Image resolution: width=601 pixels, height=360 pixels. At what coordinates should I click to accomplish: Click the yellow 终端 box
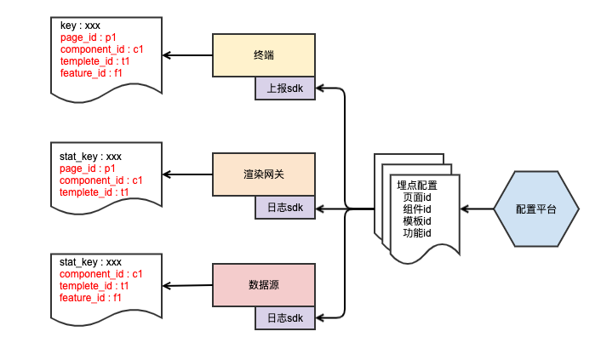point(264,55)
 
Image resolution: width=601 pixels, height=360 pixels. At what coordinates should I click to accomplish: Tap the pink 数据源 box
point(264,285)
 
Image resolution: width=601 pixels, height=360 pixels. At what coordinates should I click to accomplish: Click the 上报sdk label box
point(285,88)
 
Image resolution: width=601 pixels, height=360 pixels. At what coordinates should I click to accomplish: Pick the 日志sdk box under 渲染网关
point(285,207)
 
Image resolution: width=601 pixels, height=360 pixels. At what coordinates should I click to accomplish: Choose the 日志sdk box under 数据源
point(285,318)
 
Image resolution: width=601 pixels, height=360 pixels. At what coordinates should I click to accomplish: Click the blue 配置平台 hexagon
point(536,209)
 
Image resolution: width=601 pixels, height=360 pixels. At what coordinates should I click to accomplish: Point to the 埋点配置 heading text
point(417,186)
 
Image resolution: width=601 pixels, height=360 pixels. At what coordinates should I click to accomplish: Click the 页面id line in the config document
point(417,197)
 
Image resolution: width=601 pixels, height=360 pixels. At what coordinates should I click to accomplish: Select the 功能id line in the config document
point(417,233)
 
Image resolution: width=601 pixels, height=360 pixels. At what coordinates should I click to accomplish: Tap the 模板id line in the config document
point(417,221)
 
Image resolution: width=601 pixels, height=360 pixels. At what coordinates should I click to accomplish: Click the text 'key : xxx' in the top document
point(80,26)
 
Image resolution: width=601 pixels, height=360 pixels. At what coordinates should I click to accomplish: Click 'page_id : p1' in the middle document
point(88,169)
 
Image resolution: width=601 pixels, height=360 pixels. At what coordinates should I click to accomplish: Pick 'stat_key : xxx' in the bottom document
point(90,262)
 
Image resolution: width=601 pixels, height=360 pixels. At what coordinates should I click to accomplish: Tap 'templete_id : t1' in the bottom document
point(94,286)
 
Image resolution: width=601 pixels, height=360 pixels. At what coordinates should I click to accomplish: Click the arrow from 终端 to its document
point(187,55)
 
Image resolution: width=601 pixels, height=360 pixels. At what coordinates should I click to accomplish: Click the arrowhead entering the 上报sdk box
point(321,88)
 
